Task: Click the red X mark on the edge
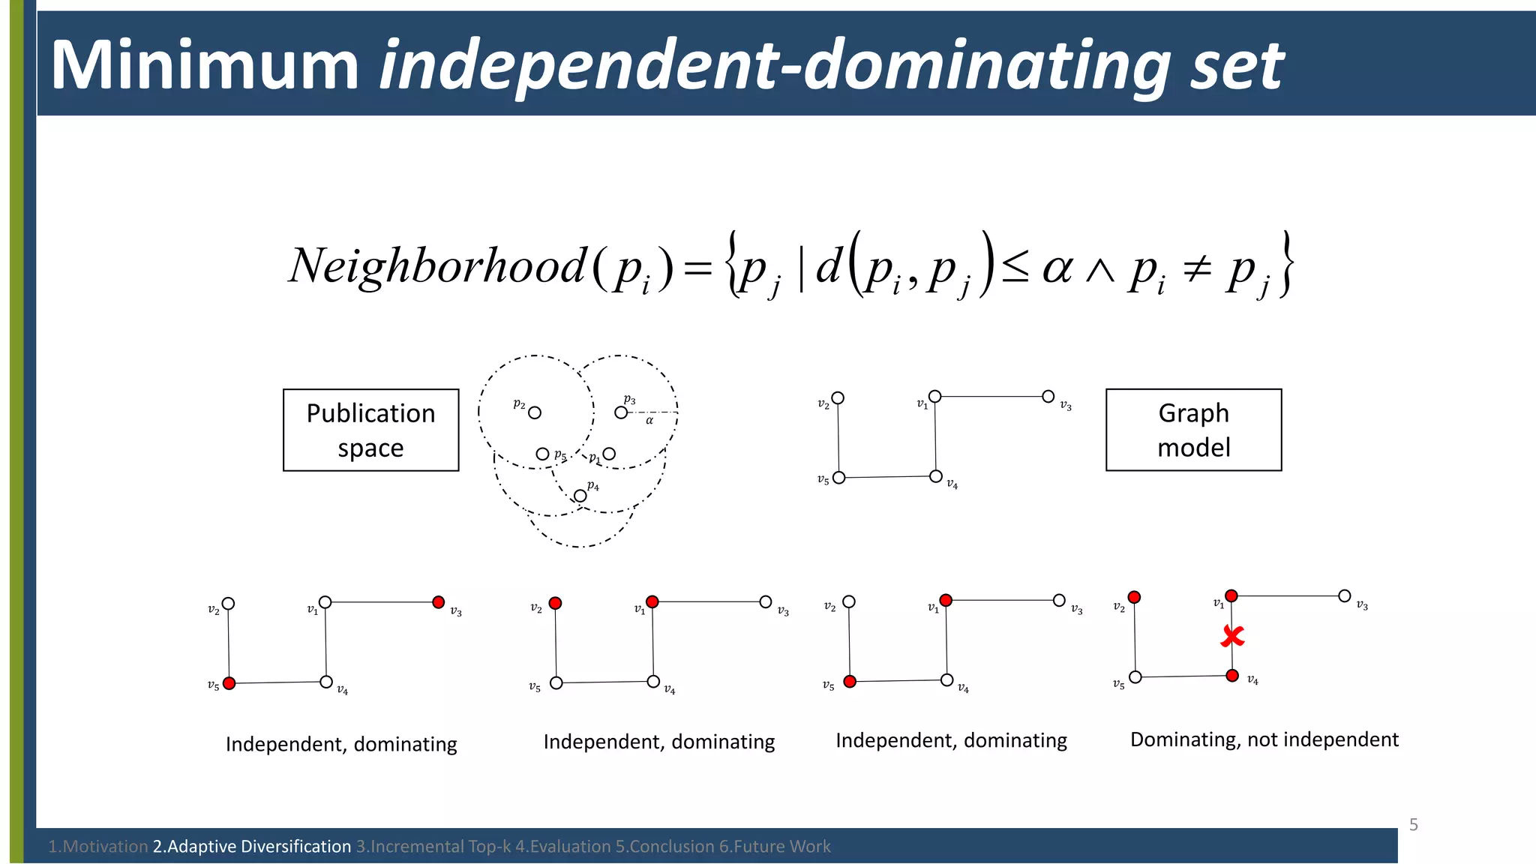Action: [x=1232, y=637]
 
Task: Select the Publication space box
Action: [x=370, y=430]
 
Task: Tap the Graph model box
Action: [x=1193, y=430]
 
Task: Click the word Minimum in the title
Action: [x=205, y=65]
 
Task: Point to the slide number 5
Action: [x=1413, y=825]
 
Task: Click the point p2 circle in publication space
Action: [x=535, y=412]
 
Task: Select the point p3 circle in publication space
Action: [x=621, y=412]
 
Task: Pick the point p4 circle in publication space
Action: [x=580, y=496]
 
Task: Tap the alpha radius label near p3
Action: [x=649, y=421]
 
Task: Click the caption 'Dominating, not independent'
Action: [x=1264, y=739]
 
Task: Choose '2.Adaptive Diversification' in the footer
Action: [x=252, y=847]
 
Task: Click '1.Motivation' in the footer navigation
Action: [x=97, y=847]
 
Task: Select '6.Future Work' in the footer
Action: [x=775, y=847]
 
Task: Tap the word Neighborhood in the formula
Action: [x=437, y=265]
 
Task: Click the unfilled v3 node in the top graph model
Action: [x=1048, y=396]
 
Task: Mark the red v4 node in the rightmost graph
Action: [x=1232, y=676]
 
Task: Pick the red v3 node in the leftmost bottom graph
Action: [x=439, y=602]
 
